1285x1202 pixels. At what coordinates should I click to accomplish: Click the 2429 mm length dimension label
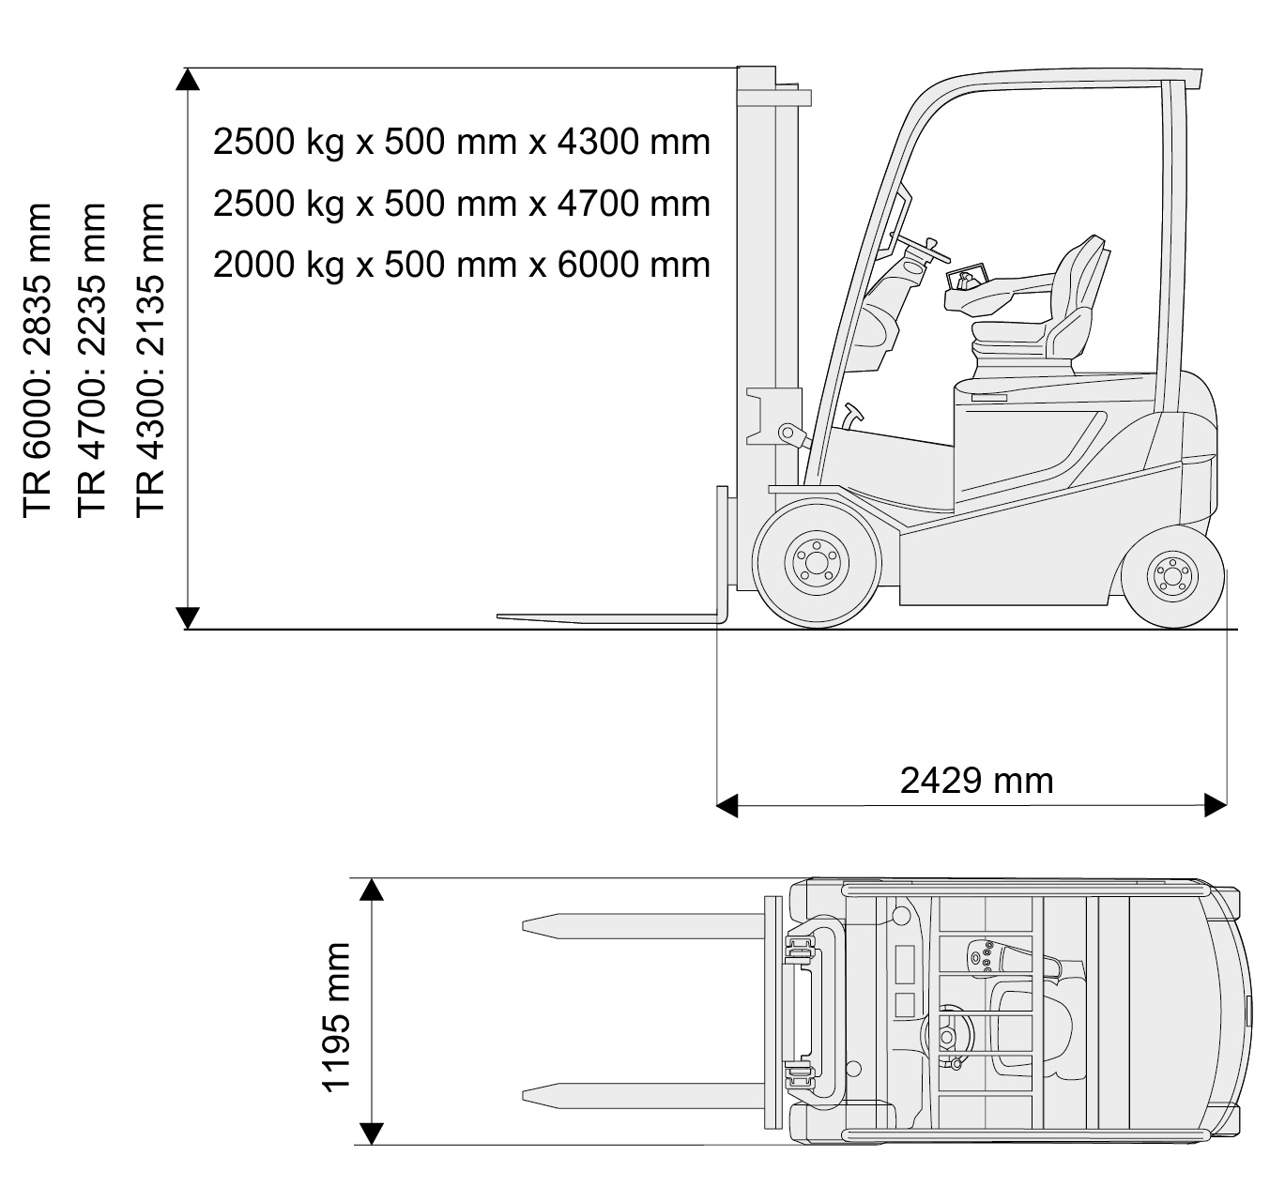976,780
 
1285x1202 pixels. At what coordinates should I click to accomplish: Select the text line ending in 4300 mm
461,142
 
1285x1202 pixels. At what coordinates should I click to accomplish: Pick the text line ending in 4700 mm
461,203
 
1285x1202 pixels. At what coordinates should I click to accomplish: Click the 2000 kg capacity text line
461,265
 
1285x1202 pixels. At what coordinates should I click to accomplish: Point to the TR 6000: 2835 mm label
37,360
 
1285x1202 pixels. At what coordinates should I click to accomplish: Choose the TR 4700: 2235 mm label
91,360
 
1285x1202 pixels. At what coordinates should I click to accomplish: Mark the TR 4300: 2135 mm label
150,360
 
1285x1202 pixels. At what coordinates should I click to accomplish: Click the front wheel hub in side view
817,563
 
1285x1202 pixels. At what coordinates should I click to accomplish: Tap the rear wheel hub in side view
1172,575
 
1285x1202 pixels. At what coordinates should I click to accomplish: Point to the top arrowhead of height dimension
188,79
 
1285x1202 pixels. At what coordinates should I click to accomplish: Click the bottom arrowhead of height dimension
188,617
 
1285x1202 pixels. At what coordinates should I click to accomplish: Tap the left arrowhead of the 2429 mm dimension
727,805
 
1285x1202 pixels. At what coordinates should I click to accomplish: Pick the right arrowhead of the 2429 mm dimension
1216,805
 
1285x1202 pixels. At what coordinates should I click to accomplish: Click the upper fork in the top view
644,926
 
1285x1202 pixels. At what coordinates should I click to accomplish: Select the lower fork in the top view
644,1096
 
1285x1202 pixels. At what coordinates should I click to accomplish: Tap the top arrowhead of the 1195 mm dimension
372,890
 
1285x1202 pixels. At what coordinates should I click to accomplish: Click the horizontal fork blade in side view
608,618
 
